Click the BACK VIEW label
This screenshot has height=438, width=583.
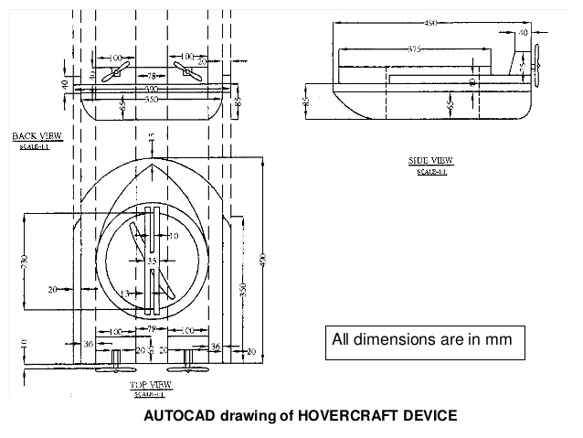[x=37, y=136]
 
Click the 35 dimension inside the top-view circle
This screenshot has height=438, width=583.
[x=153, y=262]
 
